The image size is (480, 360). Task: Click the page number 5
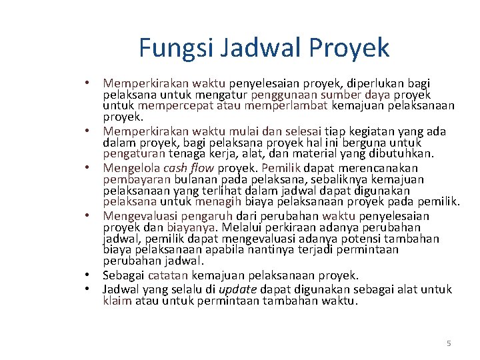click(449, 343)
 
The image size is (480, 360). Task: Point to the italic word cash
click(177, 168)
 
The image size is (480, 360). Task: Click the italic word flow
click(207, 168)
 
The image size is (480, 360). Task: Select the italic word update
click(238, 289)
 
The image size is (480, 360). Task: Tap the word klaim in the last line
click(117, 301)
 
